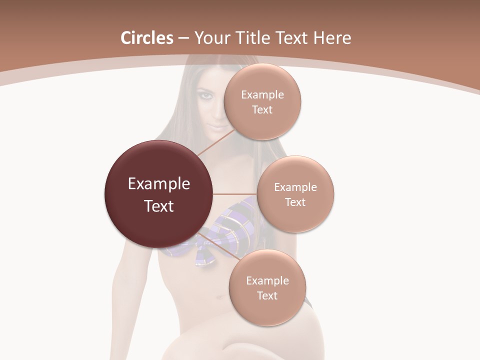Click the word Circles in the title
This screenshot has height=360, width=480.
(146, 38)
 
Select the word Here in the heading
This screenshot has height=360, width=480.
(333, 38)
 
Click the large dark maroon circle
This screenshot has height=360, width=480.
(158, 194)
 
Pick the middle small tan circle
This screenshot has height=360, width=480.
(295, 194)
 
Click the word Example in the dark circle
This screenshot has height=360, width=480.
(158, 184)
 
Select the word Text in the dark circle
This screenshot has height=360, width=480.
(158, 206)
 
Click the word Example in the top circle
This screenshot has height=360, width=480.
(262, 95)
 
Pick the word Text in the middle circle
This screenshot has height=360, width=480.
(295, 202)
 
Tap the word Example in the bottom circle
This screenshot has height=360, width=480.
(267, 280)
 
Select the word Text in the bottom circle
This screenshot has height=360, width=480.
(267, 295)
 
